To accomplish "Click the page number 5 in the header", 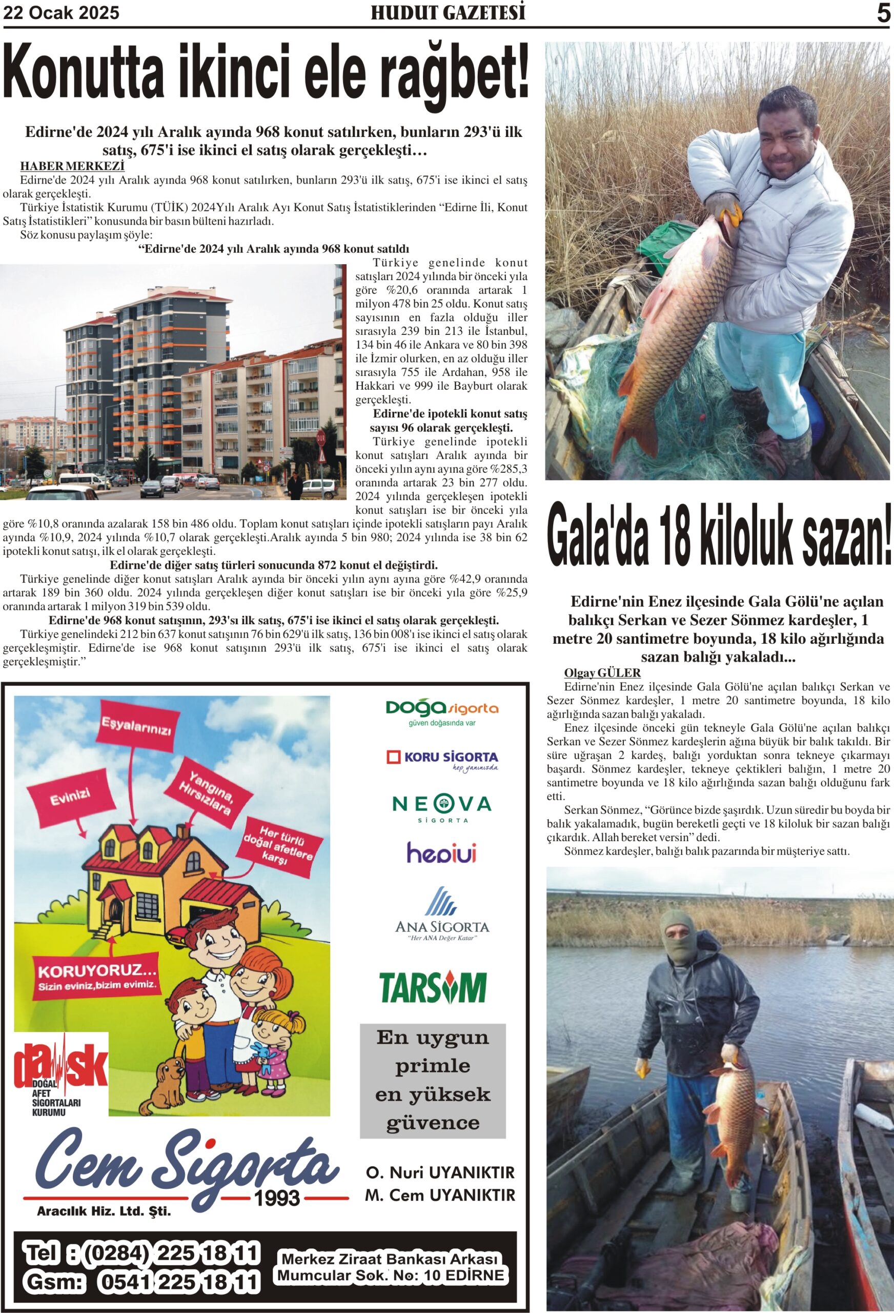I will click(x=883, y=13).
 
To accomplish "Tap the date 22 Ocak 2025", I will click(x=62, y=13).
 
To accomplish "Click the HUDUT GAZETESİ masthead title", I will click(x=448, y=13).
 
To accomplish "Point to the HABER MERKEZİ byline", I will click(x=72, y=166).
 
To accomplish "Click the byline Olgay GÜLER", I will click(x=602, y=673).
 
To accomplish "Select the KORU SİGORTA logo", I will click(x=442, y=759).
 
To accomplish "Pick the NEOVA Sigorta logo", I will click(x=442, y=807).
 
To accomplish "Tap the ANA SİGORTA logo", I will click(x=442, y=914).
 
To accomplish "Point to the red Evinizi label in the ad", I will click(x=70, y=798).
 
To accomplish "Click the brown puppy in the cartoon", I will click(x=165, y=1082).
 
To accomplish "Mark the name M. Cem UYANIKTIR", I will click(x=440, y=1195).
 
